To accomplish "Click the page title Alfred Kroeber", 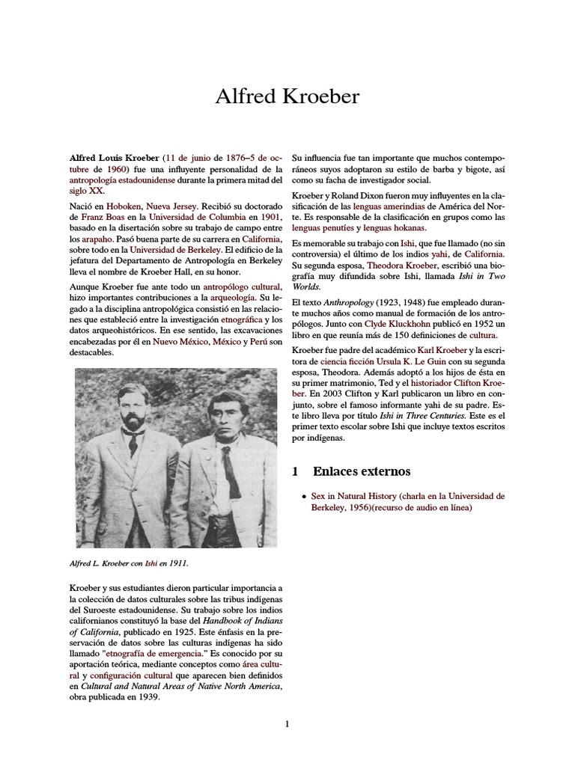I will tap(287, 96).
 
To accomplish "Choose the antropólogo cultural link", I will tap(245, 287).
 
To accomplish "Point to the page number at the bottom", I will tap(287, 723).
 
